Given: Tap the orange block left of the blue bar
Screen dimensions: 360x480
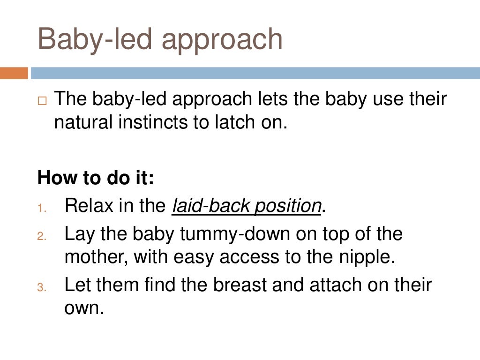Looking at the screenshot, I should [14, 73].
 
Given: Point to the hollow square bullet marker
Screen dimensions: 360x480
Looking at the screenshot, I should [43, 100].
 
